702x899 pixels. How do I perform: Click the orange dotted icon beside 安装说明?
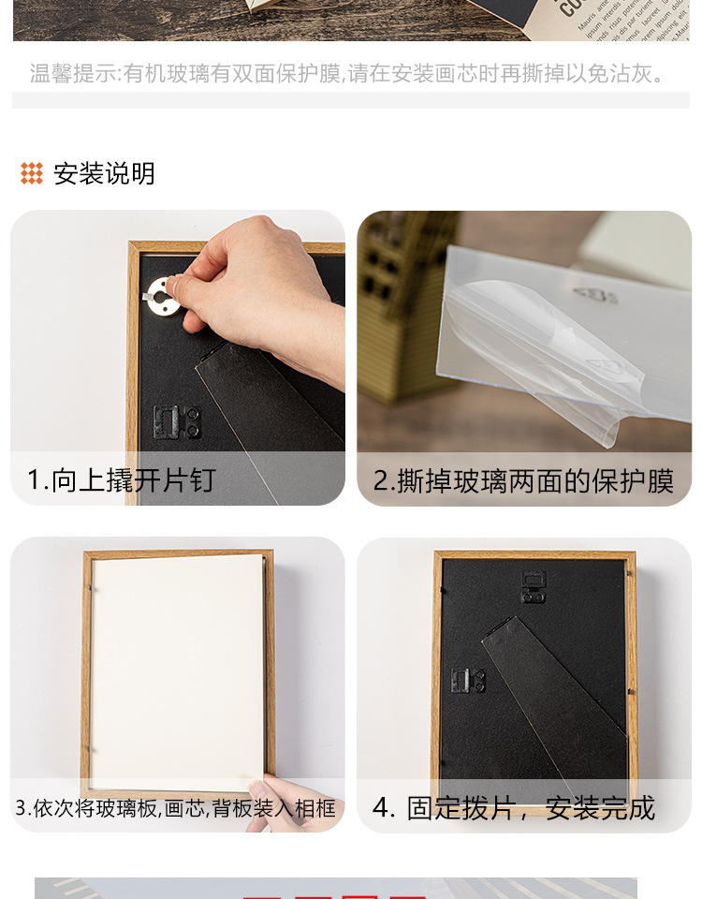[32, 173]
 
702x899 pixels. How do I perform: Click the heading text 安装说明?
[104, 173]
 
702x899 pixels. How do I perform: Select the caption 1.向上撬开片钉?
[121, 480]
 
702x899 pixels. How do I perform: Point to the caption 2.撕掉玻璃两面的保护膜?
[523, 480]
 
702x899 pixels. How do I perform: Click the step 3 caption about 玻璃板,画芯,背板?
[175, 807]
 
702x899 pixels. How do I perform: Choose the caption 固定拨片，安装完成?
[531, 807]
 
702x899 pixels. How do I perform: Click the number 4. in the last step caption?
[384, 807]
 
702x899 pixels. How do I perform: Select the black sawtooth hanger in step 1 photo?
[177, 421]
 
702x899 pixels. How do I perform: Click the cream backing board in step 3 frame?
[178, 665]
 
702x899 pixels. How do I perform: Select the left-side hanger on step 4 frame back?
[468, 681]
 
